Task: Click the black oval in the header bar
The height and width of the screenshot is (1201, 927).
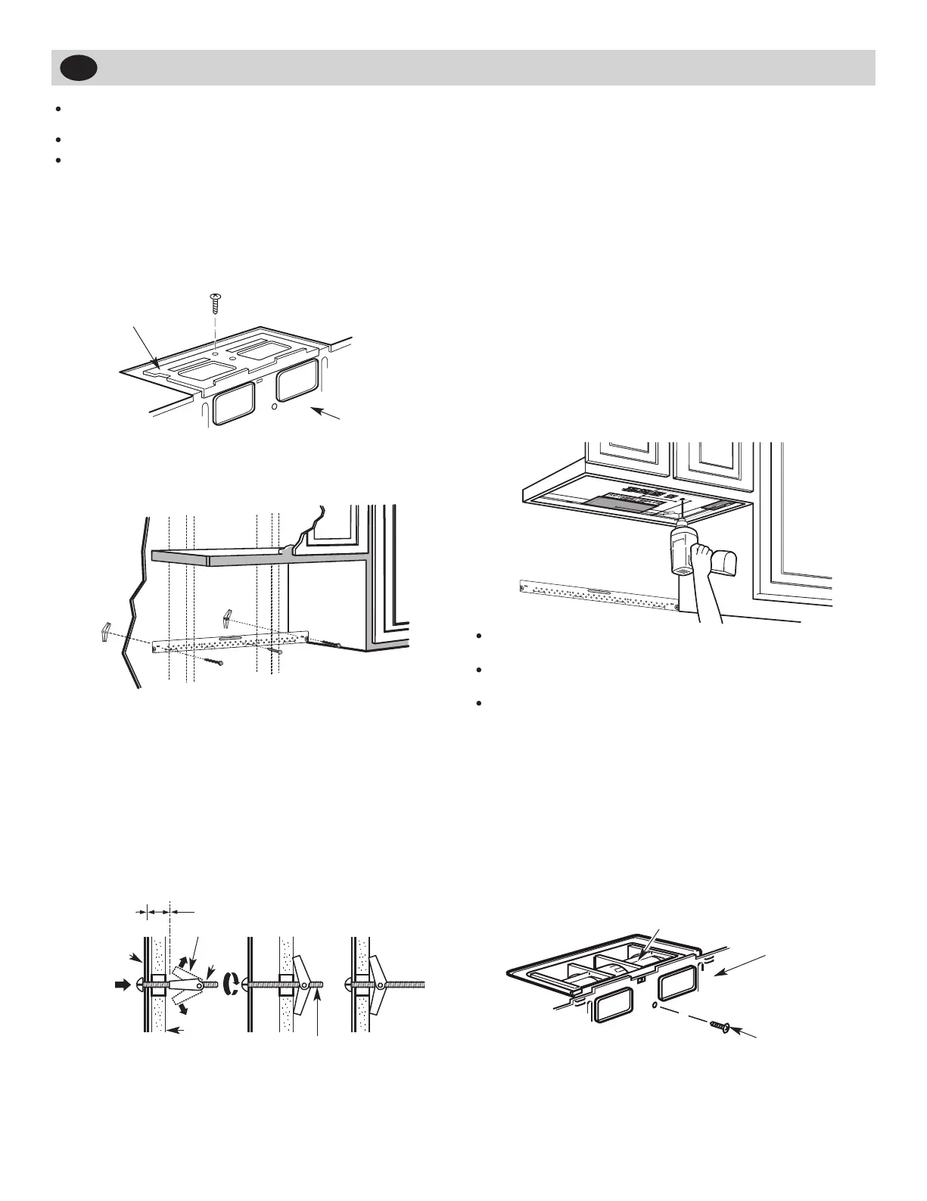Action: click(79, 68)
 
